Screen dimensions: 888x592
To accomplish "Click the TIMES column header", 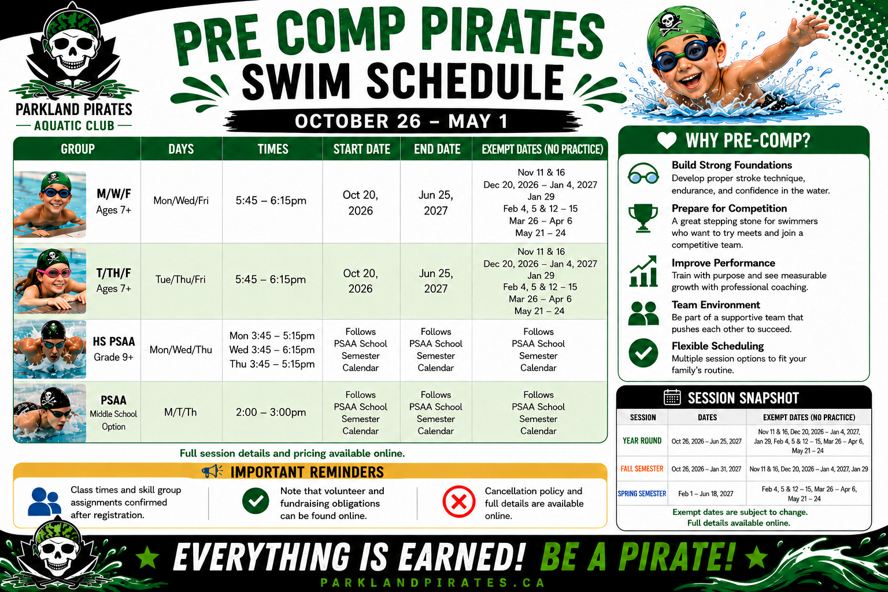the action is pos(273,149).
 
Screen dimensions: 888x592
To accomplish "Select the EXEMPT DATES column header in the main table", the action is pos(542,149).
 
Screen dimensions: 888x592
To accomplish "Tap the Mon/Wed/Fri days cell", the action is pos(181,201).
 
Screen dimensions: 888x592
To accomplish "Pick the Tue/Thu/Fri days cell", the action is pos(180,280).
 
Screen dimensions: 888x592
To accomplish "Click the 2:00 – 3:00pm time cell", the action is pos(271,412).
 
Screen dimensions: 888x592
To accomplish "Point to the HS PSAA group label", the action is pos(114,342).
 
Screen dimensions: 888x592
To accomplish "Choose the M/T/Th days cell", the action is pos(180,412).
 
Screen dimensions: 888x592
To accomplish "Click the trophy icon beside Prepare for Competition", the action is pos(643,218).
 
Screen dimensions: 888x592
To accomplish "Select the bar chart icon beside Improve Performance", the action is pos(643,271).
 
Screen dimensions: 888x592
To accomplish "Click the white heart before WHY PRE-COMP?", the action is pos(667,140).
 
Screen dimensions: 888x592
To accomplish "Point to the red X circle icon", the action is pos(458,502).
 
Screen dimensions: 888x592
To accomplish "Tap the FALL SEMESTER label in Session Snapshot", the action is pos(642,469).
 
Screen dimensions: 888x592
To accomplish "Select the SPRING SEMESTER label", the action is pos(642,494).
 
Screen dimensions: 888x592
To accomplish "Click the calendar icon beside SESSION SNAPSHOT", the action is pos(672,397).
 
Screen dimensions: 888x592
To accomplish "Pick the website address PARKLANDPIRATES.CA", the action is pos(433,583).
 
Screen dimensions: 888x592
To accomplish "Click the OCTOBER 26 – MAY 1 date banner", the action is pos(401,121).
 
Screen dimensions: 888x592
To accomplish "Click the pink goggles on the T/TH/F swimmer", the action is pos(54,273).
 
